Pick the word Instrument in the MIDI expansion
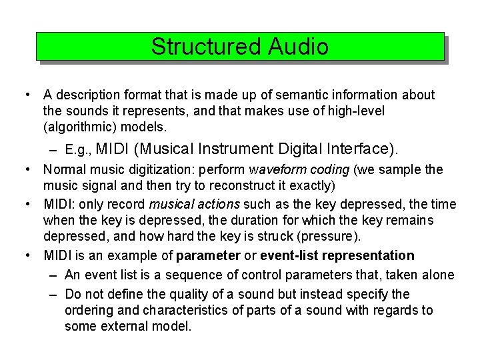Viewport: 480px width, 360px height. pyautogui.click(x=236, y=148)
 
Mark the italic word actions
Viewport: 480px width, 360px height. pyautogui.click(x=220, y=204)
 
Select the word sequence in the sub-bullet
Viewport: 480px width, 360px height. pyautogui.click(x=205, y=275)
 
